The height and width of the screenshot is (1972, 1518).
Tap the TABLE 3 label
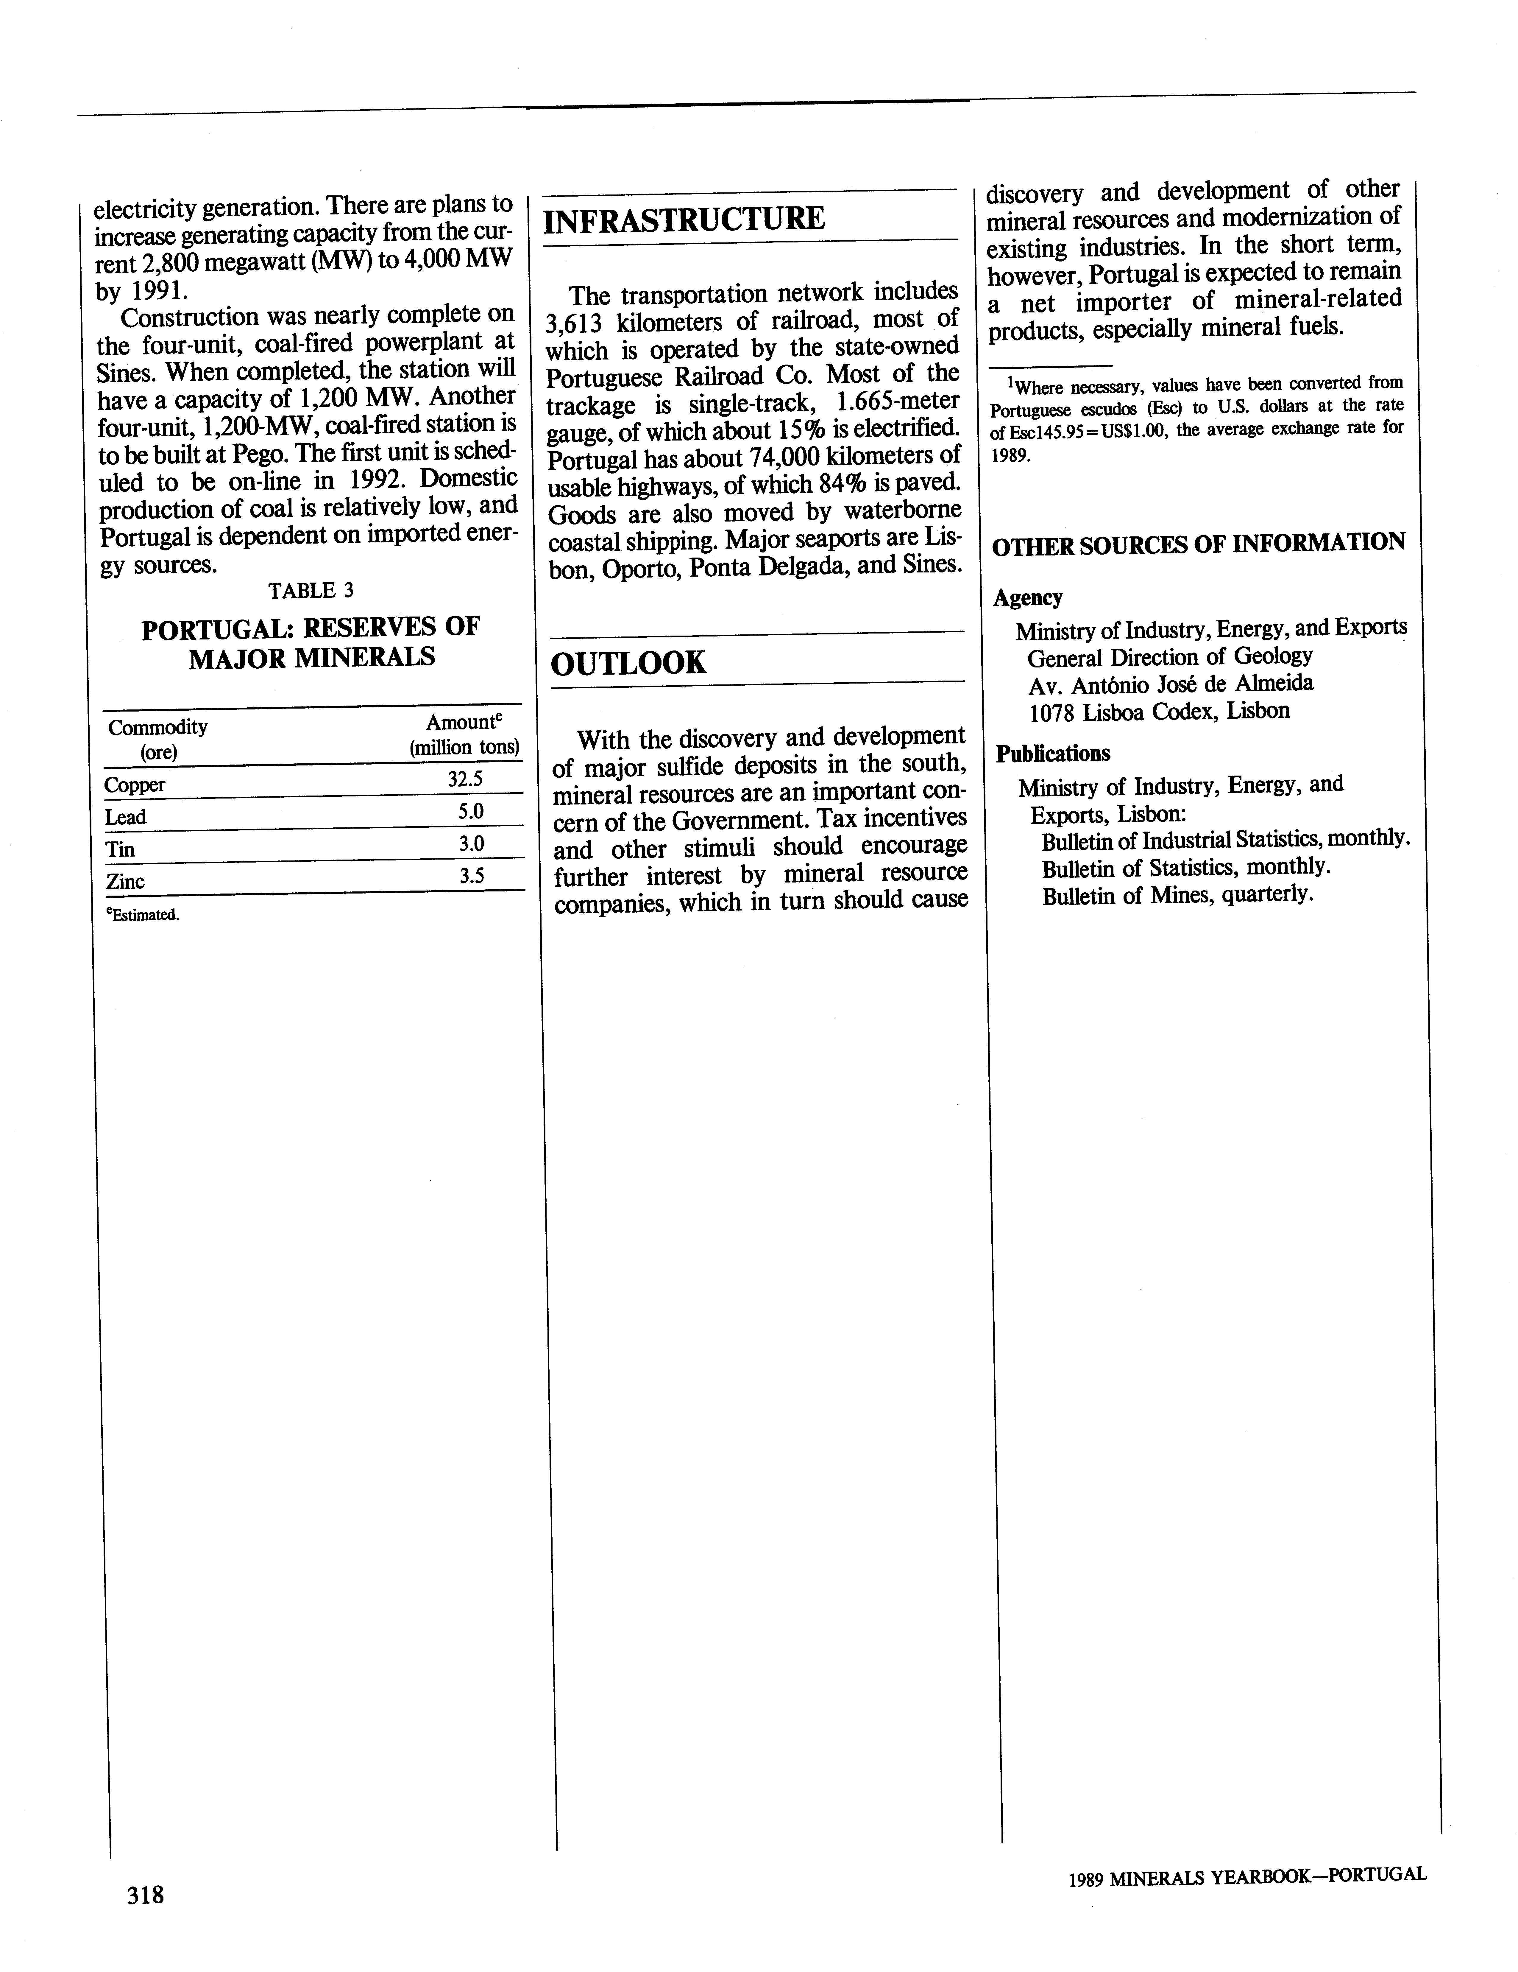pos(311,591)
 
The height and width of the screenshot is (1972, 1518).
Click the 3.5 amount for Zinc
pos(471,875)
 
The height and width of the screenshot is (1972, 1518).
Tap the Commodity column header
pos(158,727)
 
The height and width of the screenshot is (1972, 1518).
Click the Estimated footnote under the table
pos(143,915)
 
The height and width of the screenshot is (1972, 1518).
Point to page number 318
pos(145,1893)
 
